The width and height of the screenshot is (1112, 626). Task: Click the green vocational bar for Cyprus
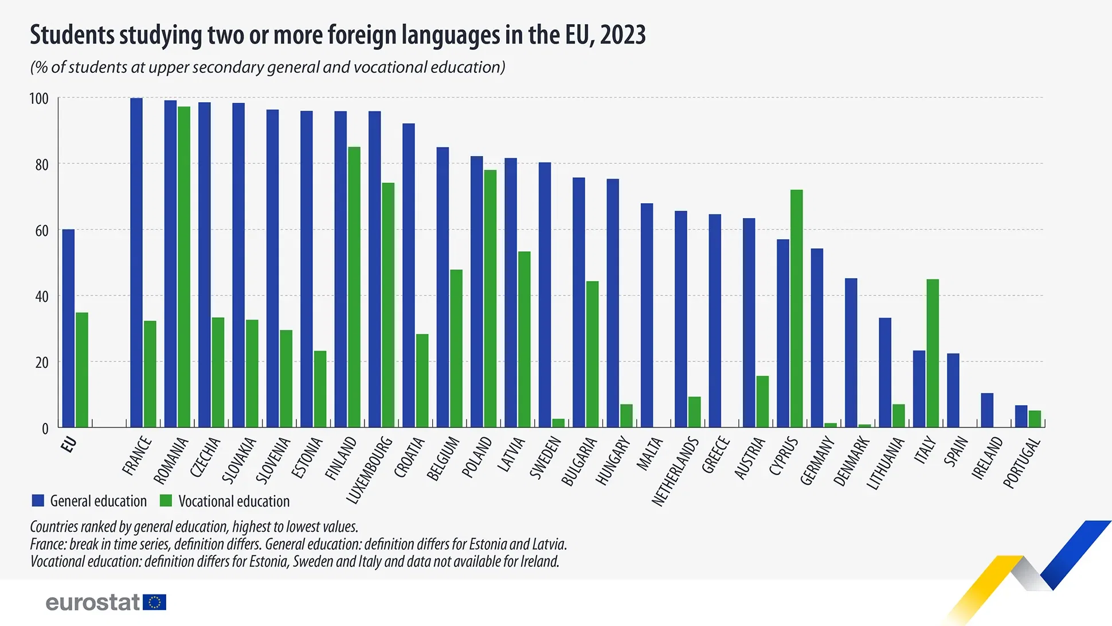(796, 309)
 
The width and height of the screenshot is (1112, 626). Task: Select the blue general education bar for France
(136, 263)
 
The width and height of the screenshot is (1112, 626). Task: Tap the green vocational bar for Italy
(933, 353)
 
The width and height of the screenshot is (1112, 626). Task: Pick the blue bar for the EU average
(68, 328)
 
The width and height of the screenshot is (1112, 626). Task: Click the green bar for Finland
(354, 287)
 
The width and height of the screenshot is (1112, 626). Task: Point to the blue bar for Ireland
(987, 410)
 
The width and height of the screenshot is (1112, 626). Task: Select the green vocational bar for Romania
(184, 267)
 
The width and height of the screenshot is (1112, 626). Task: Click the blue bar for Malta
(647, 315)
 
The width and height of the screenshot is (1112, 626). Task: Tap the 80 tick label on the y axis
(41, 165)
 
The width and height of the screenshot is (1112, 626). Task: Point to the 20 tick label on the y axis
(41, 363)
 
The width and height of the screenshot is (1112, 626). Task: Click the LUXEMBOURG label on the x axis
(370, 470)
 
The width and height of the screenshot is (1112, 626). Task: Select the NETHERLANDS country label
(675, 471)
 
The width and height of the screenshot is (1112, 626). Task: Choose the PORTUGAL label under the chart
(1021, 462)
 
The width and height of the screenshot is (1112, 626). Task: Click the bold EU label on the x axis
(69, 444)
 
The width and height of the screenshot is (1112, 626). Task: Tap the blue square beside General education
(38, 500)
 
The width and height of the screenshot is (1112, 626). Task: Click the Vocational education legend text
(234, 501)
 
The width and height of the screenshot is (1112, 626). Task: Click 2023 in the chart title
(623, 35)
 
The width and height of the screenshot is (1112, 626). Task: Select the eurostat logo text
(92, 602)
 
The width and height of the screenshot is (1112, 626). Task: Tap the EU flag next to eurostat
(154, 602)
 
